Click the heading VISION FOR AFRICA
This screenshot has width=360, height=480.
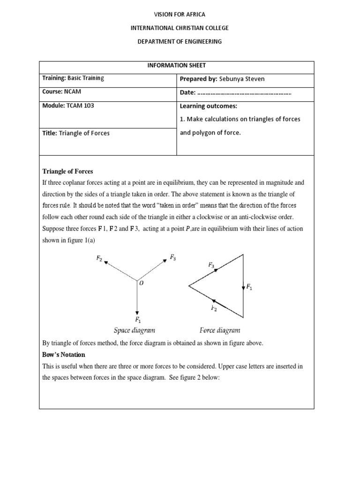180,15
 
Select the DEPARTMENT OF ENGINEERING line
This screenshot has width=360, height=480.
180,42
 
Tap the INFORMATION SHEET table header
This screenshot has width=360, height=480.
176,66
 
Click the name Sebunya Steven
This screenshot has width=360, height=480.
239,79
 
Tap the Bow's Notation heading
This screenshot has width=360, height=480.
64,354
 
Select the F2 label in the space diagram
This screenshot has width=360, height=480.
99,258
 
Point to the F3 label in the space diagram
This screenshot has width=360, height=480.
173,257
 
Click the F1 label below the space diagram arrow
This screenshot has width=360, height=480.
138,320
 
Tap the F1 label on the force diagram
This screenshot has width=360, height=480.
249,287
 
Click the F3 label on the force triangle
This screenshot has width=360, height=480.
211,265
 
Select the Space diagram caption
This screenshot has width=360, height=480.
135,330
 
